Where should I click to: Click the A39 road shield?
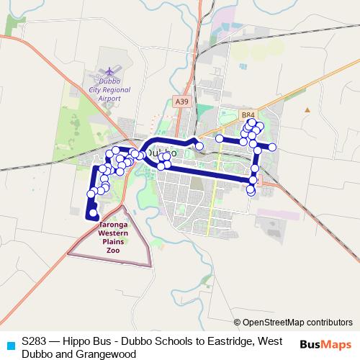click(x=181, y=103)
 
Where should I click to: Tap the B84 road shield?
click(x=248, y=114)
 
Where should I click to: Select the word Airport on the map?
click(x=109, y=97)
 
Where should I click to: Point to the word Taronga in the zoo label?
click(x=113, y=226)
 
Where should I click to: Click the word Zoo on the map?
click(x=113, y=250)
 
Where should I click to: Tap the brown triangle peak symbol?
click(x=307, y=110)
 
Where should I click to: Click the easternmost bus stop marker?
click(x=273, y=148)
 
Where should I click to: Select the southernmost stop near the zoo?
click(x=93, y=212)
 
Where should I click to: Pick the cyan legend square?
click(x=9, y=344)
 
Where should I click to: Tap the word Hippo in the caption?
click(x=80, y=341)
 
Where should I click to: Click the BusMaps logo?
click(x=325, y=344)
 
